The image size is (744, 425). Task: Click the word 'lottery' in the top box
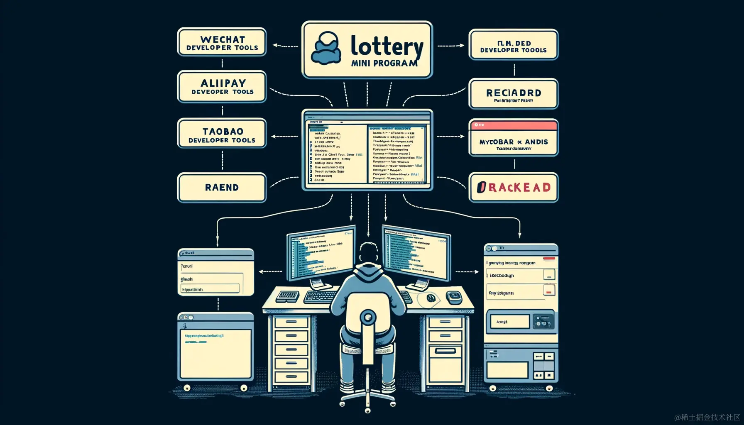coord(387,46)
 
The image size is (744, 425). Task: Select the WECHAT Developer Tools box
coord(222,42)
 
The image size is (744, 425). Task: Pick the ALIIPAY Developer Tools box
coord(222,87)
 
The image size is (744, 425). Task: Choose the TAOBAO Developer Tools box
coord(222,134)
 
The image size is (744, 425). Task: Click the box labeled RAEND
coord(222,188)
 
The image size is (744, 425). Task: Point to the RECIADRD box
coord(513,94)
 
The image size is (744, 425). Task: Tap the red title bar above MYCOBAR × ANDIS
coord(513,125)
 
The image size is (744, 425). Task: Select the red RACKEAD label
coord(514,188)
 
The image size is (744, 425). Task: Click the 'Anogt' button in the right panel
coord(509,322)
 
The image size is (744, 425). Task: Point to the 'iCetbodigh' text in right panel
coord(502,276)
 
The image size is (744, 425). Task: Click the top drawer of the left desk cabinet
coord(291,322)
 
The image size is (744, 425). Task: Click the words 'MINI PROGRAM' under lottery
coord(384,64)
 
